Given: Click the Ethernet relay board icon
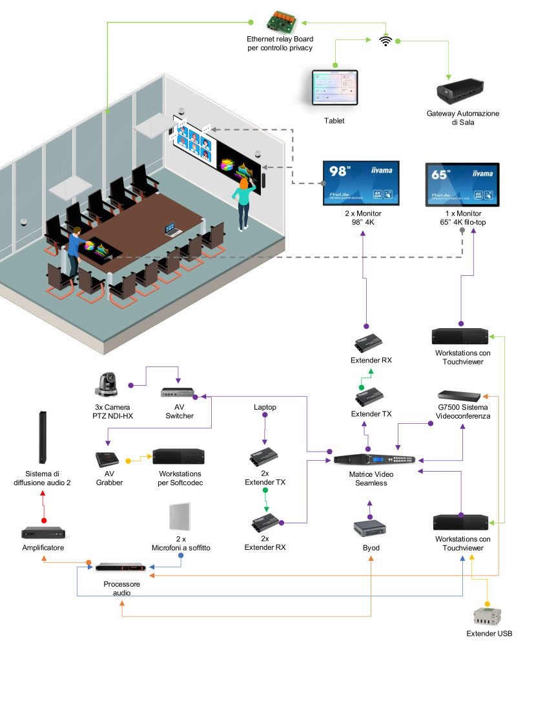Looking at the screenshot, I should coord(280,20).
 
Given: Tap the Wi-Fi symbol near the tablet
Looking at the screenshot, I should coord(386,41).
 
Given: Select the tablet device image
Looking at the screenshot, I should coord(334,89).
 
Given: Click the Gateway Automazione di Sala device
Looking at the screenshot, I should coord(462,92).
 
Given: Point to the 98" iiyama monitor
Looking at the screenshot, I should coord(360,183).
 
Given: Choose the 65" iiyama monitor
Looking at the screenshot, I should coord(464,184).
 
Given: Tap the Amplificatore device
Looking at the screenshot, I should coord(43,534).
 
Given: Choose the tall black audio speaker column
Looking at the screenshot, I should coord(43,437).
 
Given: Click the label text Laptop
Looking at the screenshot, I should coord(265,407).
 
